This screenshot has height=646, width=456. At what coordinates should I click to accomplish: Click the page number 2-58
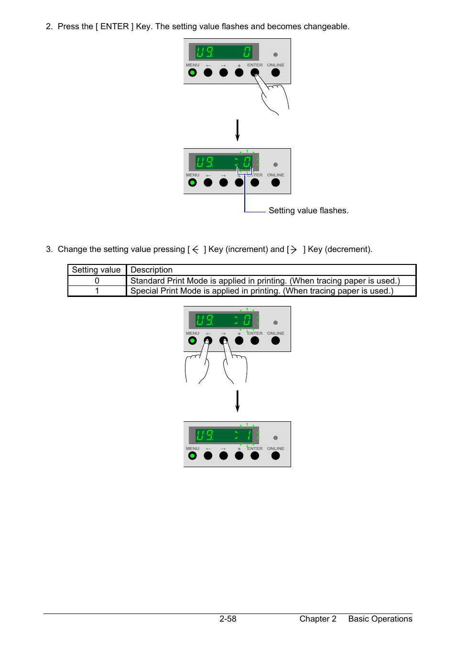[228, 619]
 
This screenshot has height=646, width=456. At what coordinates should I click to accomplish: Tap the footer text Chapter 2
[318, 619]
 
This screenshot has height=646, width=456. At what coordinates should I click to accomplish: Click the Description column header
[152, 270]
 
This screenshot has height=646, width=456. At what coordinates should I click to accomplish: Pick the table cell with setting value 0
[97, 281]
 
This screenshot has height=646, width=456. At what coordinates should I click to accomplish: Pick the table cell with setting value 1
[97, 291]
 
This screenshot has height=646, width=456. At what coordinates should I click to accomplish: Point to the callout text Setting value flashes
[308, 210]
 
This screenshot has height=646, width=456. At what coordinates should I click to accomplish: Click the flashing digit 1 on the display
[249, 435]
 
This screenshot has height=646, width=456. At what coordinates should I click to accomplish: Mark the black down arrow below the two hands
[238, 401]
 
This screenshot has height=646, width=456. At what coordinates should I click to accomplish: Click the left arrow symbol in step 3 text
[195, 250]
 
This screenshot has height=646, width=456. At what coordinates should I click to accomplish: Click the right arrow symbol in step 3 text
[293, 250]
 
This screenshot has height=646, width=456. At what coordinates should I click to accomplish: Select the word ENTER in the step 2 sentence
[114, 26]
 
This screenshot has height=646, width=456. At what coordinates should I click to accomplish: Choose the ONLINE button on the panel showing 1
[276, 456]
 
